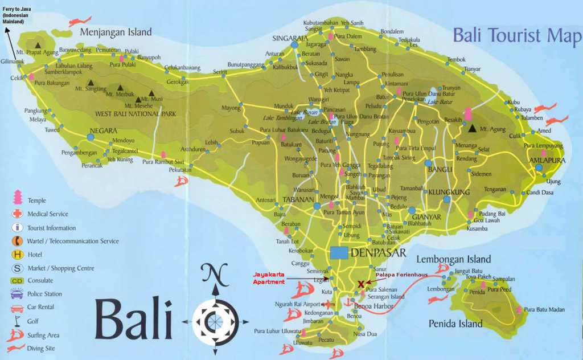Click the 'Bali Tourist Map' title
coord(517,35)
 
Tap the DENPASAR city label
coord(379,253)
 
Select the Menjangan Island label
coord(116,32)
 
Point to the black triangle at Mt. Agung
coord(471,128)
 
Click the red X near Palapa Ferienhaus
coord(360,283)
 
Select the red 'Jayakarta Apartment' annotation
coord(269,278)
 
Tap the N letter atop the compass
coord(215,275)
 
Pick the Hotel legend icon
coord(17,255)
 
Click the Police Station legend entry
coord(44,294)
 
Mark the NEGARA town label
coord(103,130)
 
